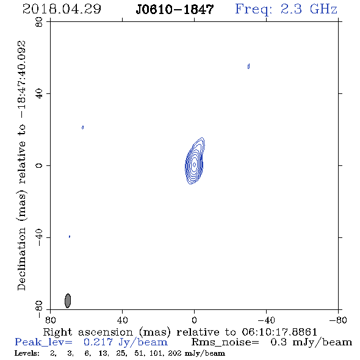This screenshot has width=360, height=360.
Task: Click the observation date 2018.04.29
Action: click(x=62, y=9)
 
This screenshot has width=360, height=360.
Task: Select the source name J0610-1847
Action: click(x=175, y=9)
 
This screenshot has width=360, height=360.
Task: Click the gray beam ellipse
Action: click(x=68, y=301)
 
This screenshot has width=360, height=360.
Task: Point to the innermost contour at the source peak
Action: click(x=194, y=165)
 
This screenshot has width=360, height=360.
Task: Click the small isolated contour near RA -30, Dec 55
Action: click(x=248, y=67)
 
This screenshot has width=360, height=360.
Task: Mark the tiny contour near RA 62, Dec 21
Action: click(x=82, y=128)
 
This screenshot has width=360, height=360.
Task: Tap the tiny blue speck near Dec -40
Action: click(x=70, y=237)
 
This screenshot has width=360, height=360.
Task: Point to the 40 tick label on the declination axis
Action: click(x=39, y=93)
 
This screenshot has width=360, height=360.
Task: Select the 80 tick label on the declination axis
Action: click(x=39, y=22)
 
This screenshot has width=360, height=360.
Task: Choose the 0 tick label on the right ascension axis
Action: click(x=194, y=320)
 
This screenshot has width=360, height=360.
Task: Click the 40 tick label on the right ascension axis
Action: click(x=123, y=320)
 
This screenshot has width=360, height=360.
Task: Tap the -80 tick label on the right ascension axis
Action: click(x=338, y=320)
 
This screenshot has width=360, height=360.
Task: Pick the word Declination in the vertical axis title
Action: click(x=21, y=259)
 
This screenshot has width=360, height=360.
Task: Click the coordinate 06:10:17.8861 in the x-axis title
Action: click(x=279, y=332)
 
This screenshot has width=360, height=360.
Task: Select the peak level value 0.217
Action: click(x=98, y=342)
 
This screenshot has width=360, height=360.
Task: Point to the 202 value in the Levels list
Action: click(x=175, y=353)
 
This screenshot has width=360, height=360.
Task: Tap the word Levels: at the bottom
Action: click(x=27, y=353)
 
